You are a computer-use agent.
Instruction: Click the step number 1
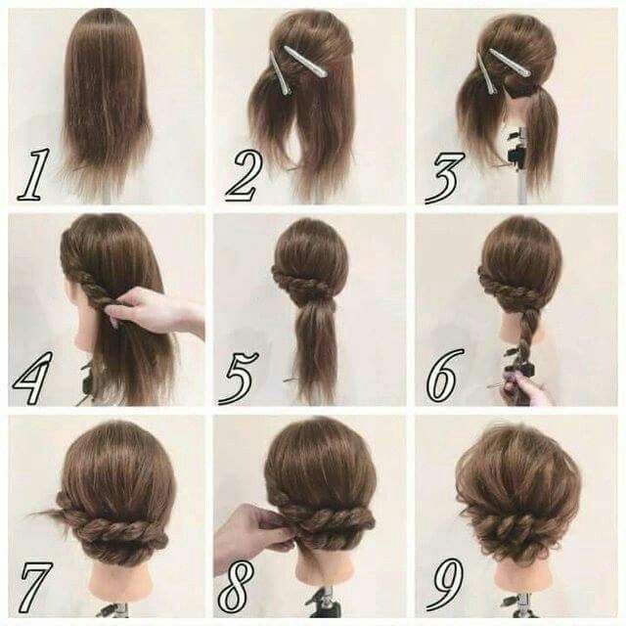tap(34, 175)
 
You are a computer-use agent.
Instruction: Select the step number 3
tap(445, 177)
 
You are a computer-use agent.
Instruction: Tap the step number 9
tap(444, 584)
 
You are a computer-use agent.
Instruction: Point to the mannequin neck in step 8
tap(323, 571)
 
